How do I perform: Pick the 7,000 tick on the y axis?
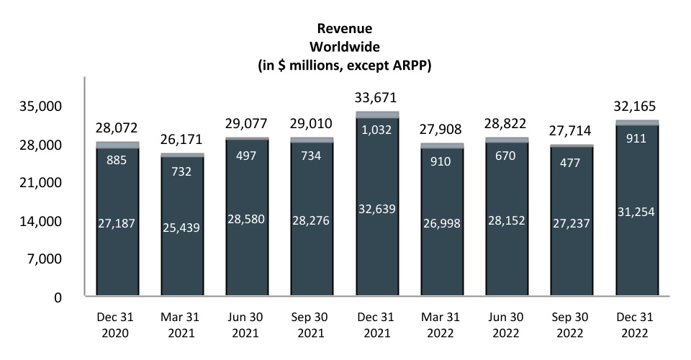(x=49, y=259)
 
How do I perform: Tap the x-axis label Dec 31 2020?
(x=117, y=326)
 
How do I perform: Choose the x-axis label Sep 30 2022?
(x=572, y=326)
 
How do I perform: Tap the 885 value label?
(x=117, y=160)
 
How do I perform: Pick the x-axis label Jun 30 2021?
(x=247, y=326)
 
